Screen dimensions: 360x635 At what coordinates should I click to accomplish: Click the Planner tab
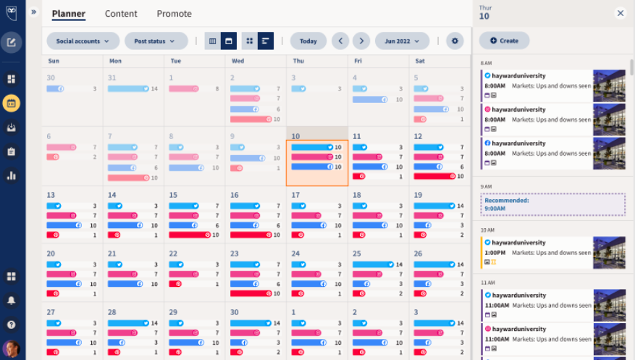tap(68, 14)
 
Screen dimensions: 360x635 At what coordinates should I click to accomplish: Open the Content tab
tap(121, 14)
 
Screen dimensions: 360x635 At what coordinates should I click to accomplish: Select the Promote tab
tap(174, 14)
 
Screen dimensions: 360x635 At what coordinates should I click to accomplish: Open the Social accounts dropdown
tap(83, 41)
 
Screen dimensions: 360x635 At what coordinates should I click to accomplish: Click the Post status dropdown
tap(156, 41)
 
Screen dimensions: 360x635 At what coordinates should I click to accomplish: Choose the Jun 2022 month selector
tap(402, 41)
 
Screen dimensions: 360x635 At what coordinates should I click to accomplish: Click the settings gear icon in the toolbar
tap(455, 41)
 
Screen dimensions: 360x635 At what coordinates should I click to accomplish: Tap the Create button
tap(504, 41)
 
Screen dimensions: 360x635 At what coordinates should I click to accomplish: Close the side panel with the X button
tap(621, 13)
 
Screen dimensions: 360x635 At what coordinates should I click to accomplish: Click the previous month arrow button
tap(340, 41)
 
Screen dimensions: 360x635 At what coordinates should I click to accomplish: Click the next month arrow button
tap(361, 41)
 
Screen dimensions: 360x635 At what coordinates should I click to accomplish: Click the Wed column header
tap(237, 62)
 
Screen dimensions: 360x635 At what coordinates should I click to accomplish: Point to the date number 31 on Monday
tap(112, 78)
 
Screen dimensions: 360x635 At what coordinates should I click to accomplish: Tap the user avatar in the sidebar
tap(11, 348)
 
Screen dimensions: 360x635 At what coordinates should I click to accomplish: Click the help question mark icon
tap(11, 325)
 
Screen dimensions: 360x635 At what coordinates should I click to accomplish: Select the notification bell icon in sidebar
tap(11, 300)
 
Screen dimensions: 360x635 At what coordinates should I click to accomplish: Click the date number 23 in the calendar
tap(235, 254)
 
